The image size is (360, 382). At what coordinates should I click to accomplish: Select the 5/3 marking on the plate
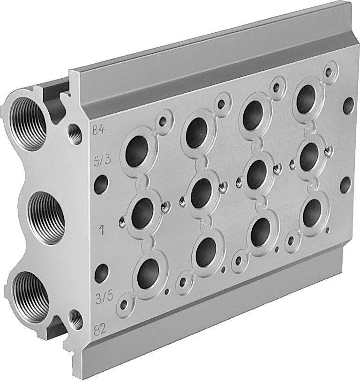(x=102, y=162)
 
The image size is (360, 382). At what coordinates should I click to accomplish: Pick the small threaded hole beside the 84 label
(x=75, y=133)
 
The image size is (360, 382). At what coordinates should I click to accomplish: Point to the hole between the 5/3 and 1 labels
(x=101, y=185)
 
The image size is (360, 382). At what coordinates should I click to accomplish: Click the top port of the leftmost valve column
(x=137, y=151)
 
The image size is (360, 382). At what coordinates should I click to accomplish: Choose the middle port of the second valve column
(x=201, y=193)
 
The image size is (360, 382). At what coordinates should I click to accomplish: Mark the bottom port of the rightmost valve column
(x=312, y=212)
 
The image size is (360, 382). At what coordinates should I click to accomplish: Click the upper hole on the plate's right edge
(x=348, y=105)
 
